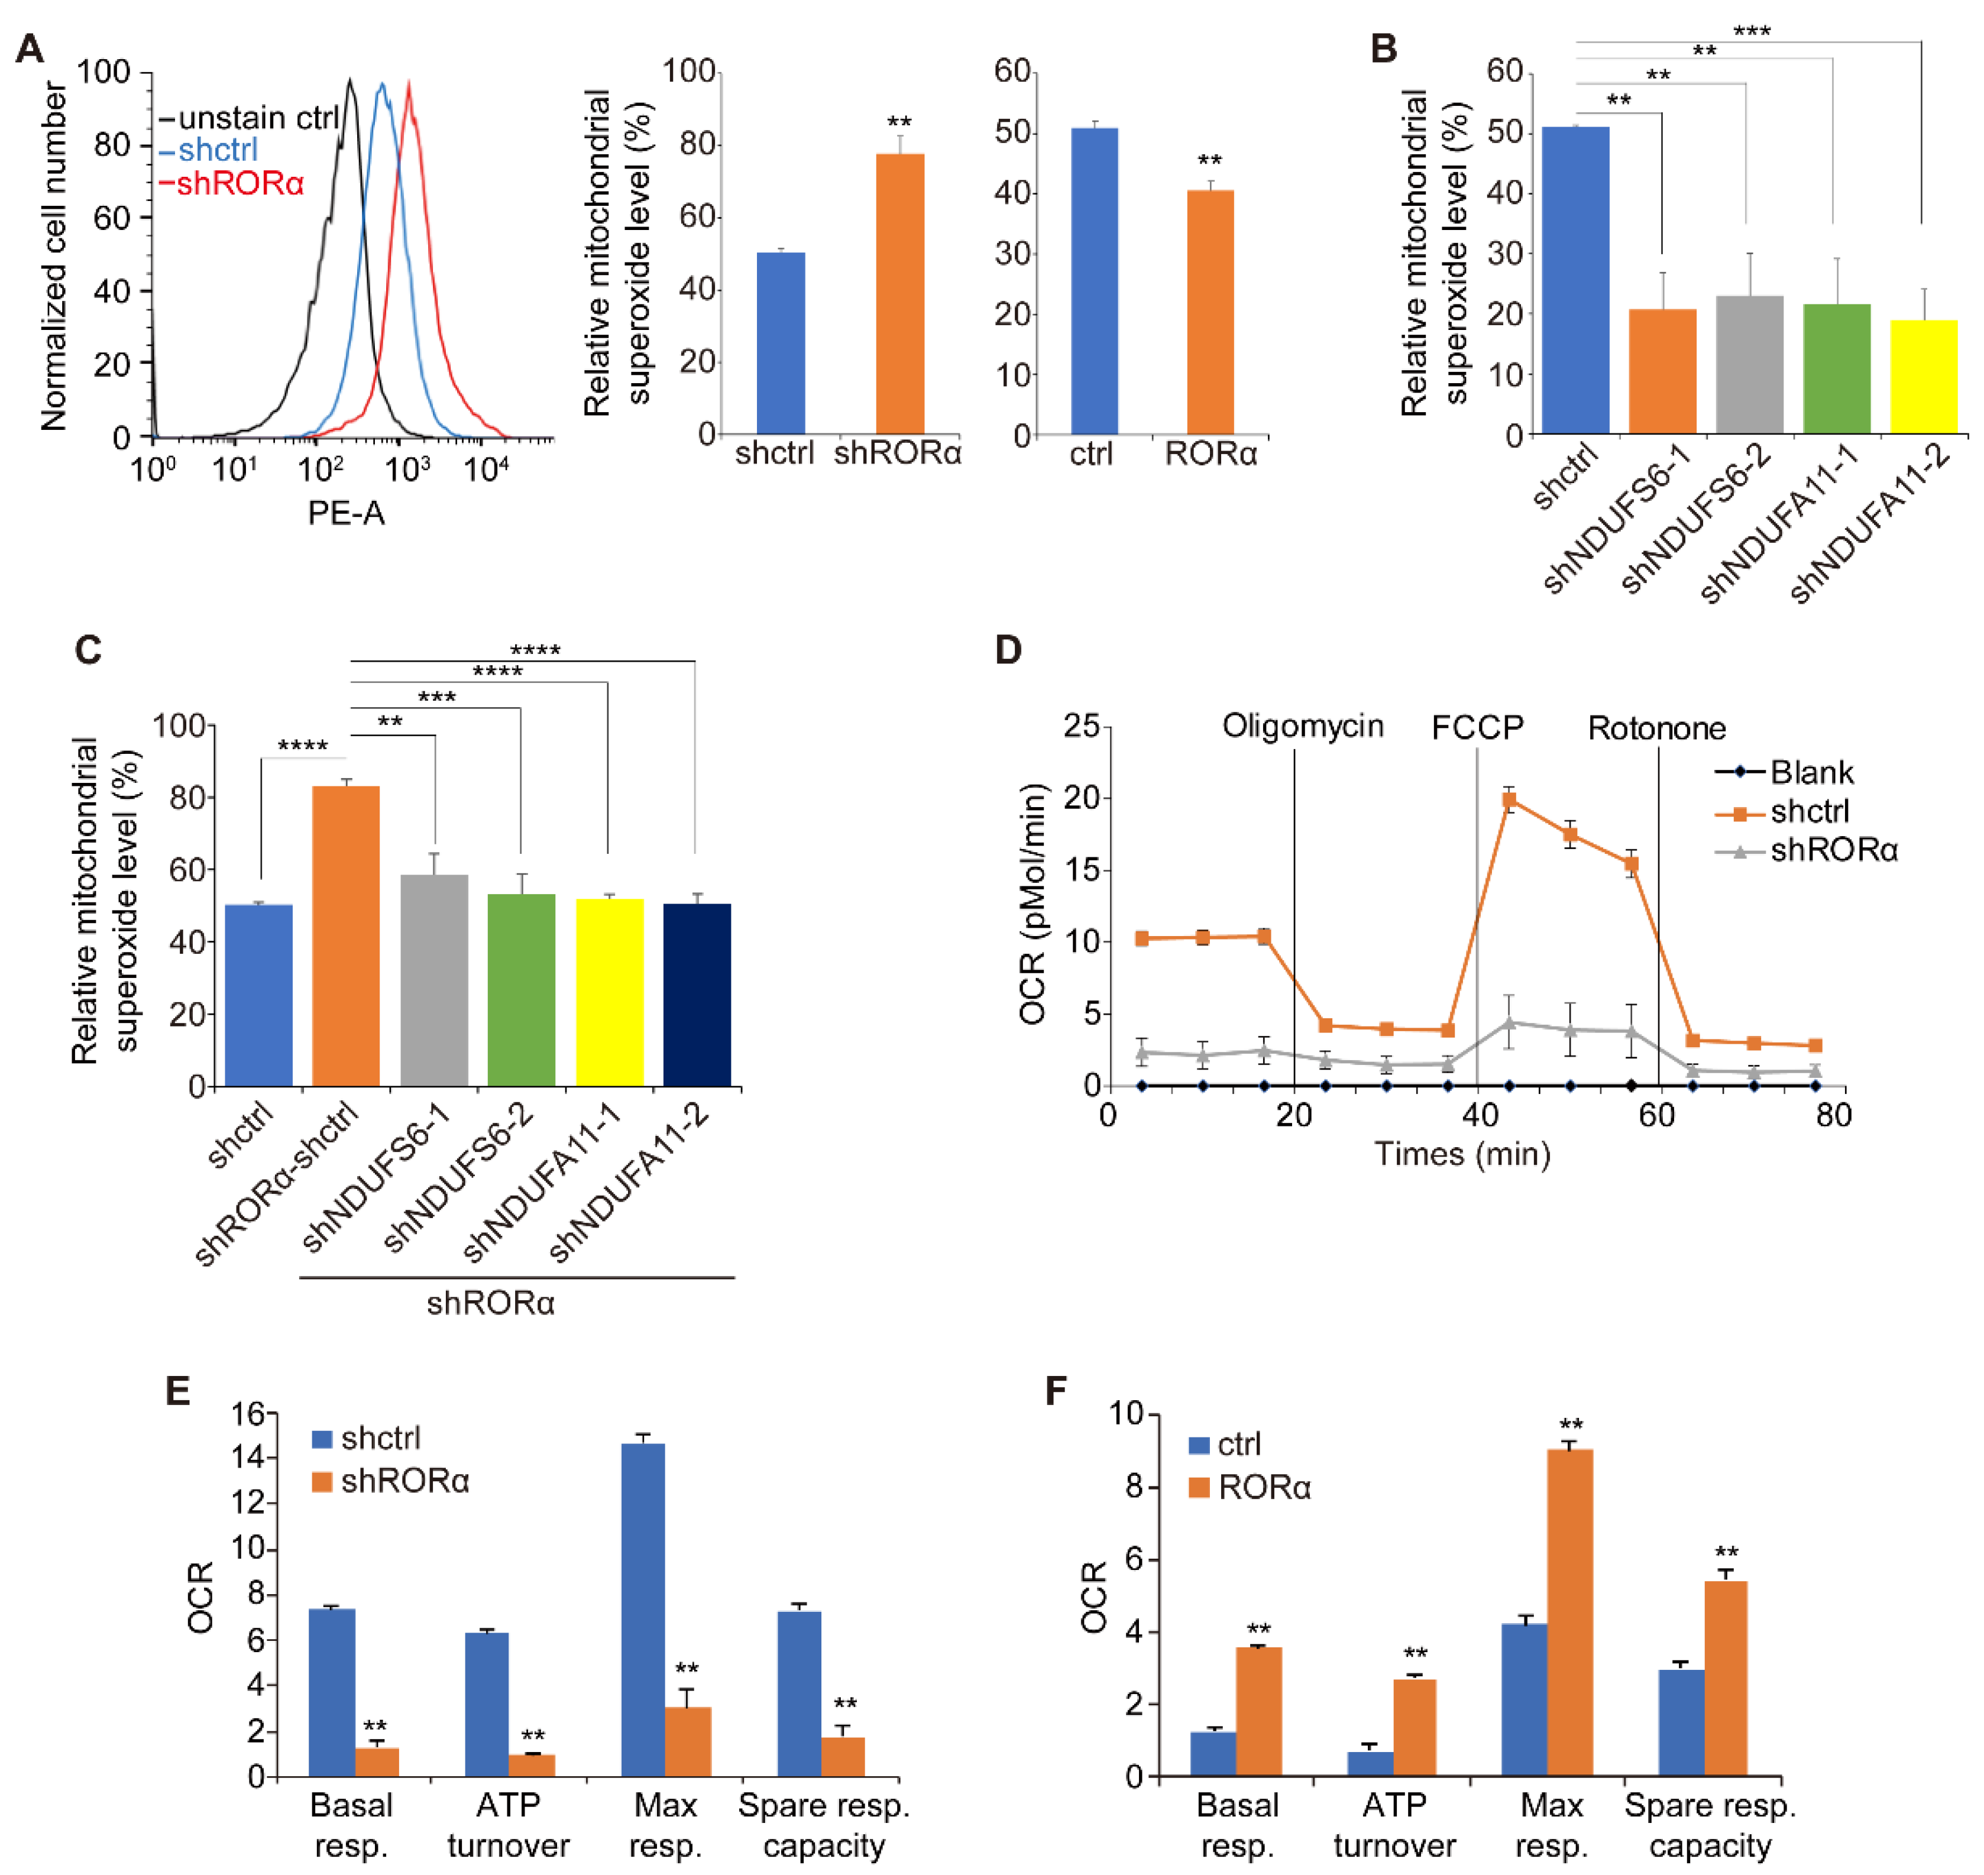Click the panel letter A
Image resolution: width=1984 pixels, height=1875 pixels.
30,48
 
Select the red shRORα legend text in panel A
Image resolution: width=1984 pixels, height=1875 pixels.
240,184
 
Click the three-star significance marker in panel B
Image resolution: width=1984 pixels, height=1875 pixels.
1751,31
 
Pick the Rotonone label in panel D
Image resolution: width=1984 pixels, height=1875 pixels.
1656,728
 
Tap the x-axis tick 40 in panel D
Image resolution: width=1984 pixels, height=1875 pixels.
1478,1115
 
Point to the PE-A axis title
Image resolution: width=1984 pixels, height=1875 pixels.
346,514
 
